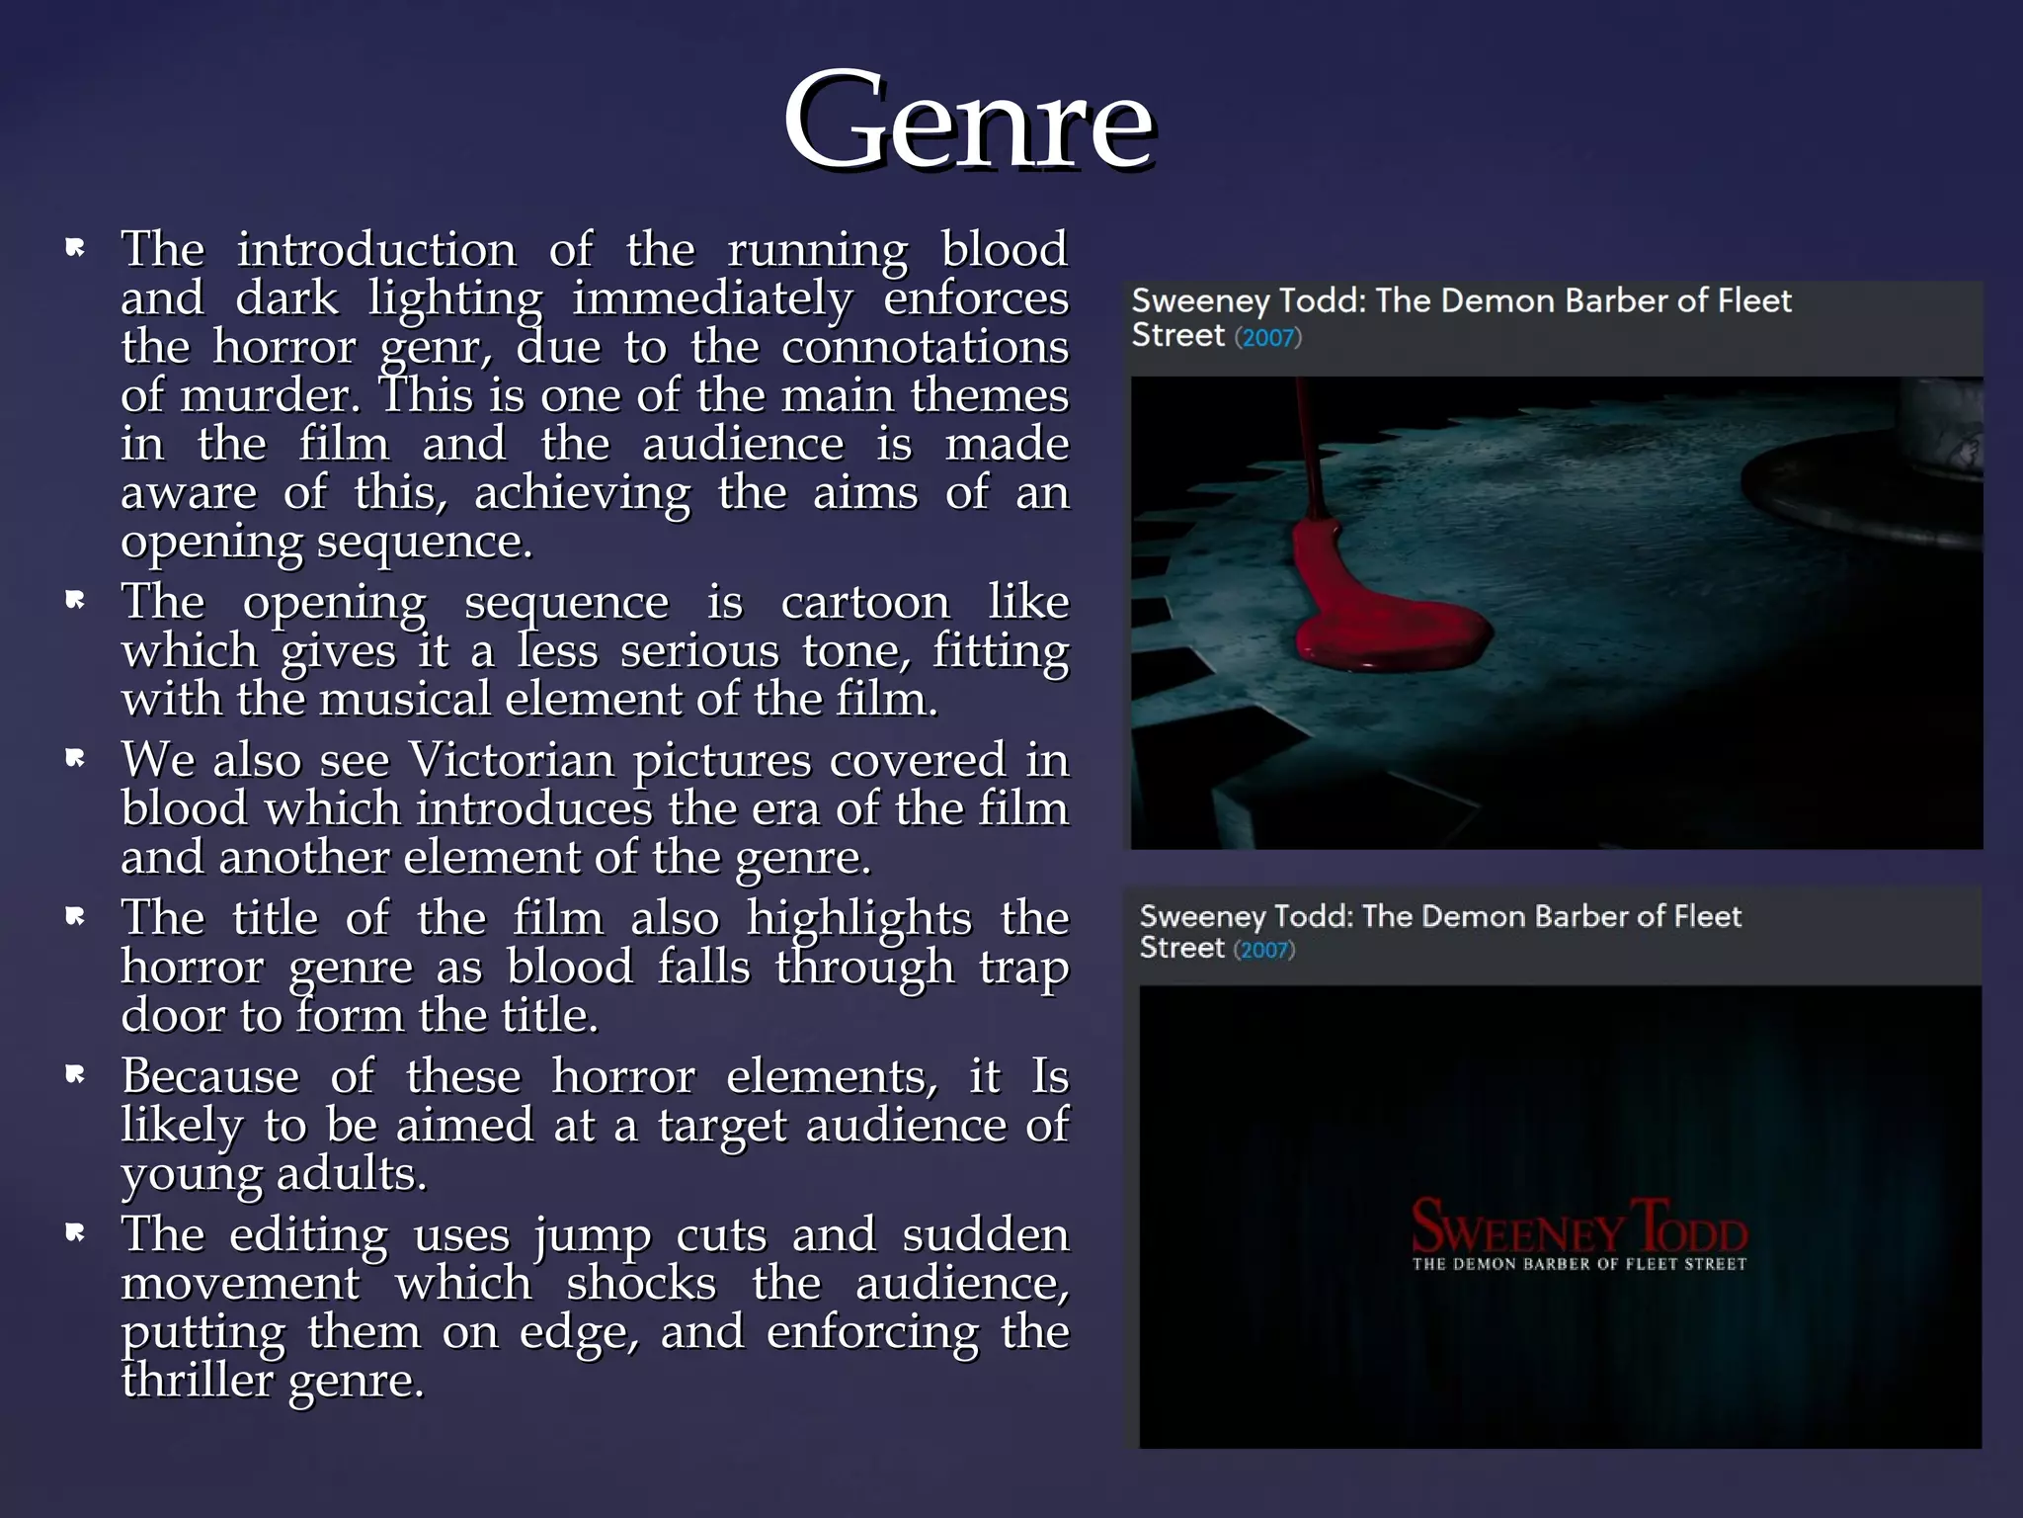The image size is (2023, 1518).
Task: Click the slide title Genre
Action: click(x=968, y=122)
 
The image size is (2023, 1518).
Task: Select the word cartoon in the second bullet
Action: click(x=865, y=603)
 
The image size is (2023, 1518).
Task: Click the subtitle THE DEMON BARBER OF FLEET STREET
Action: click(x=1578, y=1264)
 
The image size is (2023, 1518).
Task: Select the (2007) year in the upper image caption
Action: click(x=1268, y=338)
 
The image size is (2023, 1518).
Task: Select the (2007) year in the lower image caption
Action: click(x=1263, y=951)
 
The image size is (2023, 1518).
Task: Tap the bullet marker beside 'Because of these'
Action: click(x=75, y=1074)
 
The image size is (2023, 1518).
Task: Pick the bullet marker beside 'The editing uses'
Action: click(x=75, y=1232)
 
